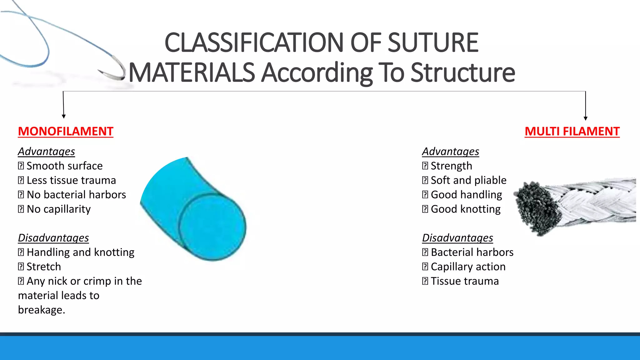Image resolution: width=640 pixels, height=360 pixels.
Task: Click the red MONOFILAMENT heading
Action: [x=65, y=132]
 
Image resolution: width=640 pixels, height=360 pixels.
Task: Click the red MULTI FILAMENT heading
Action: [x=572, y=132]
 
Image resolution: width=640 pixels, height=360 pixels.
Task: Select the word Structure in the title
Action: [x=462, y=72]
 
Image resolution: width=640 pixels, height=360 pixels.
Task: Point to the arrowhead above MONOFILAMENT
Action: [x=64, y=116]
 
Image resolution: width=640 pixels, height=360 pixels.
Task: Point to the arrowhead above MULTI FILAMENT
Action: [x=586, y=118]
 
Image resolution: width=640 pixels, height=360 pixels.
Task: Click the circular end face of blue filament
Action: [x=212, y=227]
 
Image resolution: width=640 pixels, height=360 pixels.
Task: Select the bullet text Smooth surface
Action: [x=64, y=166]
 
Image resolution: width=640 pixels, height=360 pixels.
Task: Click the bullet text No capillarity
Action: [x=59, y=209]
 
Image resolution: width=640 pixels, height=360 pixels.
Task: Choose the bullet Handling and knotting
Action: [x=80, y=252]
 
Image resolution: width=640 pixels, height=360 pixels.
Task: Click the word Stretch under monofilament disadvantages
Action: [x=44, y=267]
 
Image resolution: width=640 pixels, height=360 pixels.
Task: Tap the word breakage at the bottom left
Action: [x=41, y=310]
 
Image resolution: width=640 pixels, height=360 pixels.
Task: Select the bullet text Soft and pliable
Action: [x=468, y=180]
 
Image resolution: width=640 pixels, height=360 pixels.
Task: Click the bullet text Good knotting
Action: [x=465, y=209]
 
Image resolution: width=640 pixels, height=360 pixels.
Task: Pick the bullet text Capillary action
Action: [x=468, y=267]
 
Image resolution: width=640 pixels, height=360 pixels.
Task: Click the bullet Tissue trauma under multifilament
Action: [x=464, y=281]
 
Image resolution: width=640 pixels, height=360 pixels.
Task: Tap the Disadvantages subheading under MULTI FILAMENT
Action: [x=457, y=238]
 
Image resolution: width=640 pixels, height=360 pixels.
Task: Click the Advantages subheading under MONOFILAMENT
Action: [x=46, y=152]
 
